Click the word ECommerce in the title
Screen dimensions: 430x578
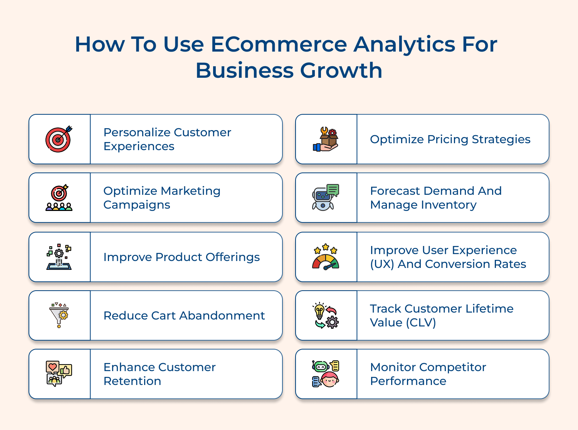coord(279,44)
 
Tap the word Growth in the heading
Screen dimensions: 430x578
coord(341,70)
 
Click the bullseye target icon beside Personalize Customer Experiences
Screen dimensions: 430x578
coord(59,139)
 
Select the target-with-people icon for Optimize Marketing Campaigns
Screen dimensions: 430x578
coord(59,198)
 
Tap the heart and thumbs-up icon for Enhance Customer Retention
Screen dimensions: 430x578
coord(59,374)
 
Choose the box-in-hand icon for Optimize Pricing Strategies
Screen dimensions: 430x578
coord(326,139)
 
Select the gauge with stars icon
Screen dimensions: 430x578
coord(326,257)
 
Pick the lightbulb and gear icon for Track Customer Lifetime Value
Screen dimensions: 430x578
coord(326,315)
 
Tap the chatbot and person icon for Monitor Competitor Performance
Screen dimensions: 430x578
coord(326,374)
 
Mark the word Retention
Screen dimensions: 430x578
coord(132,381)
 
